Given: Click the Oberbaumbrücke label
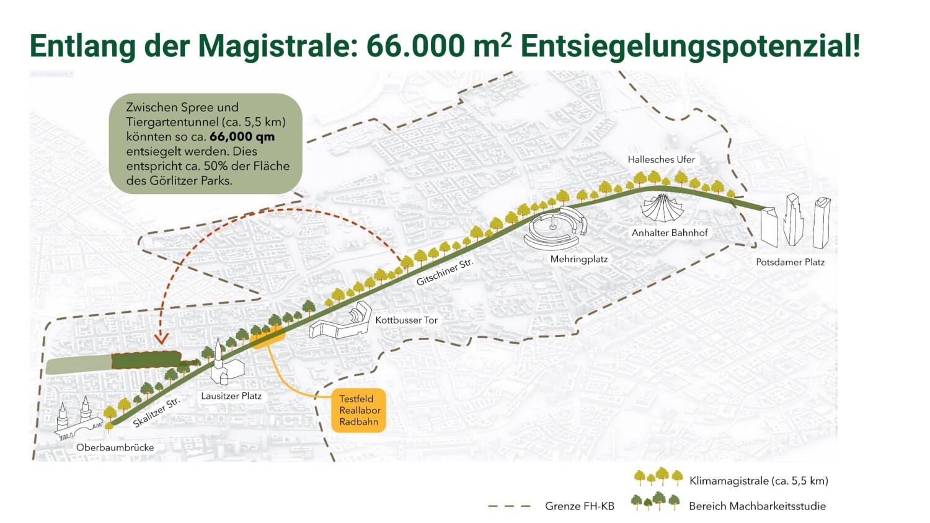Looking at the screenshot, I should pos(115,447).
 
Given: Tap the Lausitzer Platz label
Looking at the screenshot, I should pos(231,396).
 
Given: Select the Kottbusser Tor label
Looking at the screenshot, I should pos(407,320).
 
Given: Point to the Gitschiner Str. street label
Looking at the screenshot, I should pos(445,273).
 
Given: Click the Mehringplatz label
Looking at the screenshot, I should pos(579,259).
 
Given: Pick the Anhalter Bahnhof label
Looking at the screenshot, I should pos(670,233).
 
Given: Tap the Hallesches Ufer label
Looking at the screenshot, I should pos(661,159).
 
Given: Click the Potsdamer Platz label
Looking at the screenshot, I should pos(790,262).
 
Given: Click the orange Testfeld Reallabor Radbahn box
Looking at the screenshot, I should pos(359,410).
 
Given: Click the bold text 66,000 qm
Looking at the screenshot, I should pos(242,137).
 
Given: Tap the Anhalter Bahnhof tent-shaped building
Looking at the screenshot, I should pos(662,208).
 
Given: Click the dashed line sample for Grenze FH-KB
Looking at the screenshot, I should pos(509,506).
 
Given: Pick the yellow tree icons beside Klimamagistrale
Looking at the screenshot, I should pos(658,477).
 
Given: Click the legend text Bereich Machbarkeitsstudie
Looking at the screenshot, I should pos(757,506).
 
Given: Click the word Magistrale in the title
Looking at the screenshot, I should pos(278,46).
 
